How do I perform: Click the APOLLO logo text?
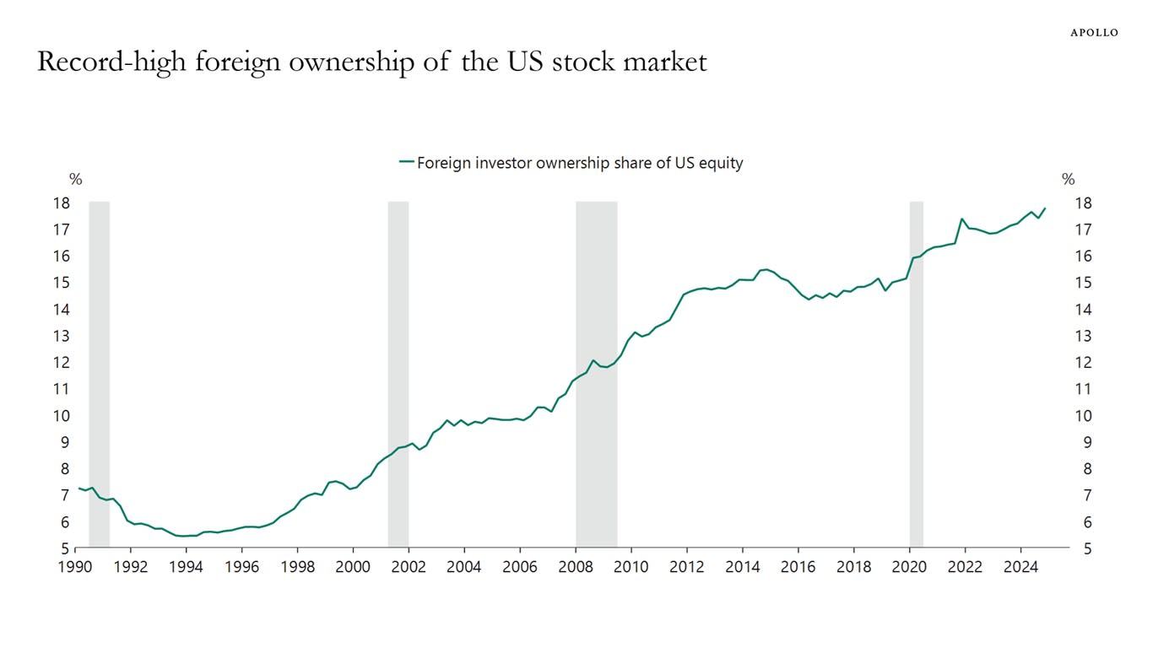pyautogui.click(x=1094, y=32)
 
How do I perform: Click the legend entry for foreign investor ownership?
pyautogui.click(x=571, y=163)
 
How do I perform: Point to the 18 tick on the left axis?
pyautogui.click(x=60, y=202)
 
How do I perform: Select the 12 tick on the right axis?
pyautogui.click(x=1083, y=362)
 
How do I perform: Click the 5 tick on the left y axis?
pyautogui.click(x=64, y=548)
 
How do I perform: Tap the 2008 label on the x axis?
pyautogui.click(x=575, y=566)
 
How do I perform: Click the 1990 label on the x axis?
pyautogui.click(x=75, y=566)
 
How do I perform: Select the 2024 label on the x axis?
pyautogui.click(x=1020, y=566)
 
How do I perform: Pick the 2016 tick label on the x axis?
pyautogui.click(x=797, y=566)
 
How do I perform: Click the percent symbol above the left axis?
pyautogui.click(x=75, y=179)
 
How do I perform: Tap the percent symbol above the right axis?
pyautogui.click(x=1068, y=179)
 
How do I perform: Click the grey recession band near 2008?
pyautogui.click(x=596, y=371)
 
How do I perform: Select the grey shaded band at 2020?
pyautogui.click(x=916, y=371)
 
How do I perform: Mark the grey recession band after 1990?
pyautogui.click(x=99, y=371)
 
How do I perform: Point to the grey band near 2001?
pyautogui.click(x=398, y=371)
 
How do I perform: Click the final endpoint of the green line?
pyautogui.click(x=1045, y=208)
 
